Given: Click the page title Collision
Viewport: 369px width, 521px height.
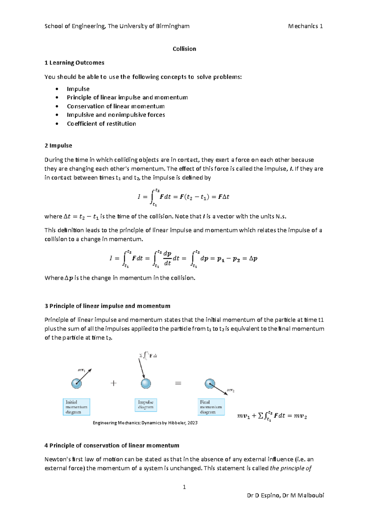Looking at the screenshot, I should pyautogui.click(x=184, y=49).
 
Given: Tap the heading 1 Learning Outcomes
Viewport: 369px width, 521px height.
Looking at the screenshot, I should pyautogui.click(x=74, y=63).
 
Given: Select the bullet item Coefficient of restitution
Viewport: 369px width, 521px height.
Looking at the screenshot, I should pyautogui.click(x=101, y=123).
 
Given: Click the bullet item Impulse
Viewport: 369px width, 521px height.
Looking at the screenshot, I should pyautogui.click(x=78, y=89).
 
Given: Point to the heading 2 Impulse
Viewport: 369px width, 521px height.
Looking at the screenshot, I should pyautogui.click(x=58, y=146).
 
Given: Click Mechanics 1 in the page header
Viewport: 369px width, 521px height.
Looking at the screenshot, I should pyautogui.click(x=305, y=26).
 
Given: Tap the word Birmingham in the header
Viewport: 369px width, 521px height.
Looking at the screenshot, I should pyautogui.click(x=173, y=26).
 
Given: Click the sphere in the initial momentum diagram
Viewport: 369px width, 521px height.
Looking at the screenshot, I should pyautogui.click(x=77, y=383).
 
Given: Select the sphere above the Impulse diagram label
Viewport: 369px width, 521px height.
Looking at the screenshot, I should pyautogui.click(x=146, y=383).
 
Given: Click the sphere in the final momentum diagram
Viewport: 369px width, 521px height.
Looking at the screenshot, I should pyautogui.click(x=210, y=384).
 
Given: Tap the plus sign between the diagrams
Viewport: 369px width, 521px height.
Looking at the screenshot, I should pyautogui.click(x=113, y=383).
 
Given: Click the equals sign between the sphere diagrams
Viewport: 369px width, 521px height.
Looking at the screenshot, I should pyautogui.click(x=178, y=383).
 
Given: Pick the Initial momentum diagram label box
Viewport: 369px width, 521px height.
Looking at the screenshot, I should pyautogui.click(x=77, y=407).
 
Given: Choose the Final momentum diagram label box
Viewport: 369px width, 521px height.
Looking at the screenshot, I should pyautogui.click(x=211, y=407).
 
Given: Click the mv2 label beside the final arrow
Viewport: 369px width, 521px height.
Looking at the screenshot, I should pyautogui.click(x=231, y=390).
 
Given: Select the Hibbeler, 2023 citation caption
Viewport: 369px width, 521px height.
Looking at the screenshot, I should pyautogui.click(x=145, y=423).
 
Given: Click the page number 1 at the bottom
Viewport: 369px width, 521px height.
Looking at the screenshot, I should pyautogui.click(x=184, y=487).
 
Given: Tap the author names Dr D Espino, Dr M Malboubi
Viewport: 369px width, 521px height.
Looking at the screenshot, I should pyautogui.click(x=285, y=495).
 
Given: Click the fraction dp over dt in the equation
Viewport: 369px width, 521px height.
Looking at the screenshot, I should pyautogui.click(x=167, y=258).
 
